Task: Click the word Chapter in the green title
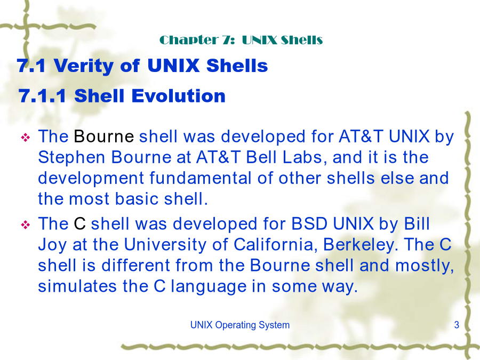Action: [189, 40]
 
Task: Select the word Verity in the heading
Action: [84, 66]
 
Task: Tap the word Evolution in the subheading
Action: [179, 96]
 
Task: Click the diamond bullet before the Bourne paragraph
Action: [25, 138]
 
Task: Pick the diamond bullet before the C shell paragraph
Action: [25, 225]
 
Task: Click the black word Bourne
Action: [104, 136]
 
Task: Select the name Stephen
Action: [71, 158]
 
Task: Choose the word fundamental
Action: [200, 178]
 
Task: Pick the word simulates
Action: [77, 286]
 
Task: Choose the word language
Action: [209, 287]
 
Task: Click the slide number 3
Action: [457, 325]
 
